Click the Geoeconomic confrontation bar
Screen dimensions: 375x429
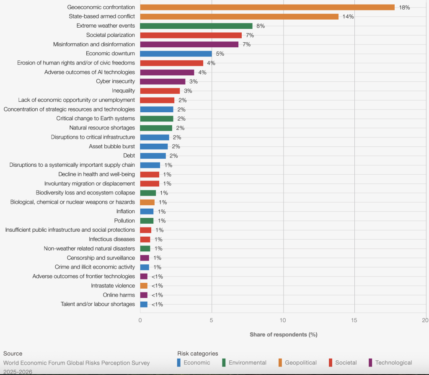coord(267,7)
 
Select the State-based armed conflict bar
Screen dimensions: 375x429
coord(239,16)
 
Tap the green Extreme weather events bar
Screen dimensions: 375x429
coord(196,26)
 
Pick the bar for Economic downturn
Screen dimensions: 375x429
coord(176,54)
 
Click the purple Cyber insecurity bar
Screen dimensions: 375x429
coord(163,81)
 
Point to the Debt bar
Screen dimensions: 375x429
coord(153,156)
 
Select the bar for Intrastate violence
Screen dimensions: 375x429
coord(144,286)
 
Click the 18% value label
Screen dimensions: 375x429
coord(404,8)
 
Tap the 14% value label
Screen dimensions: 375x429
coord(348,17)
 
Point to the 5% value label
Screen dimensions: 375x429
coord(220,54)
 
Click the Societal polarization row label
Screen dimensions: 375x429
coord(111,35)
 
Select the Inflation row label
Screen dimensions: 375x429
coord(126,211)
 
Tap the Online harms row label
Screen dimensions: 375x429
coord(119,295)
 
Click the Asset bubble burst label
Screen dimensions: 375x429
coord(112,147)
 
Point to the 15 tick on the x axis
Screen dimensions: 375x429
coord(354,321)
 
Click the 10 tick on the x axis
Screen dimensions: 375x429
coord(283,321)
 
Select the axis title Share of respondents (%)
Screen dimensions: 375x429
coord(283,334)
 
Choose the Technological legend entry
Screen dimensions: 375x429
coord(393,363)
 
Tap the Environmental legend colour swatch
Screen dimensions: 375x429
coord(224,363)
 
